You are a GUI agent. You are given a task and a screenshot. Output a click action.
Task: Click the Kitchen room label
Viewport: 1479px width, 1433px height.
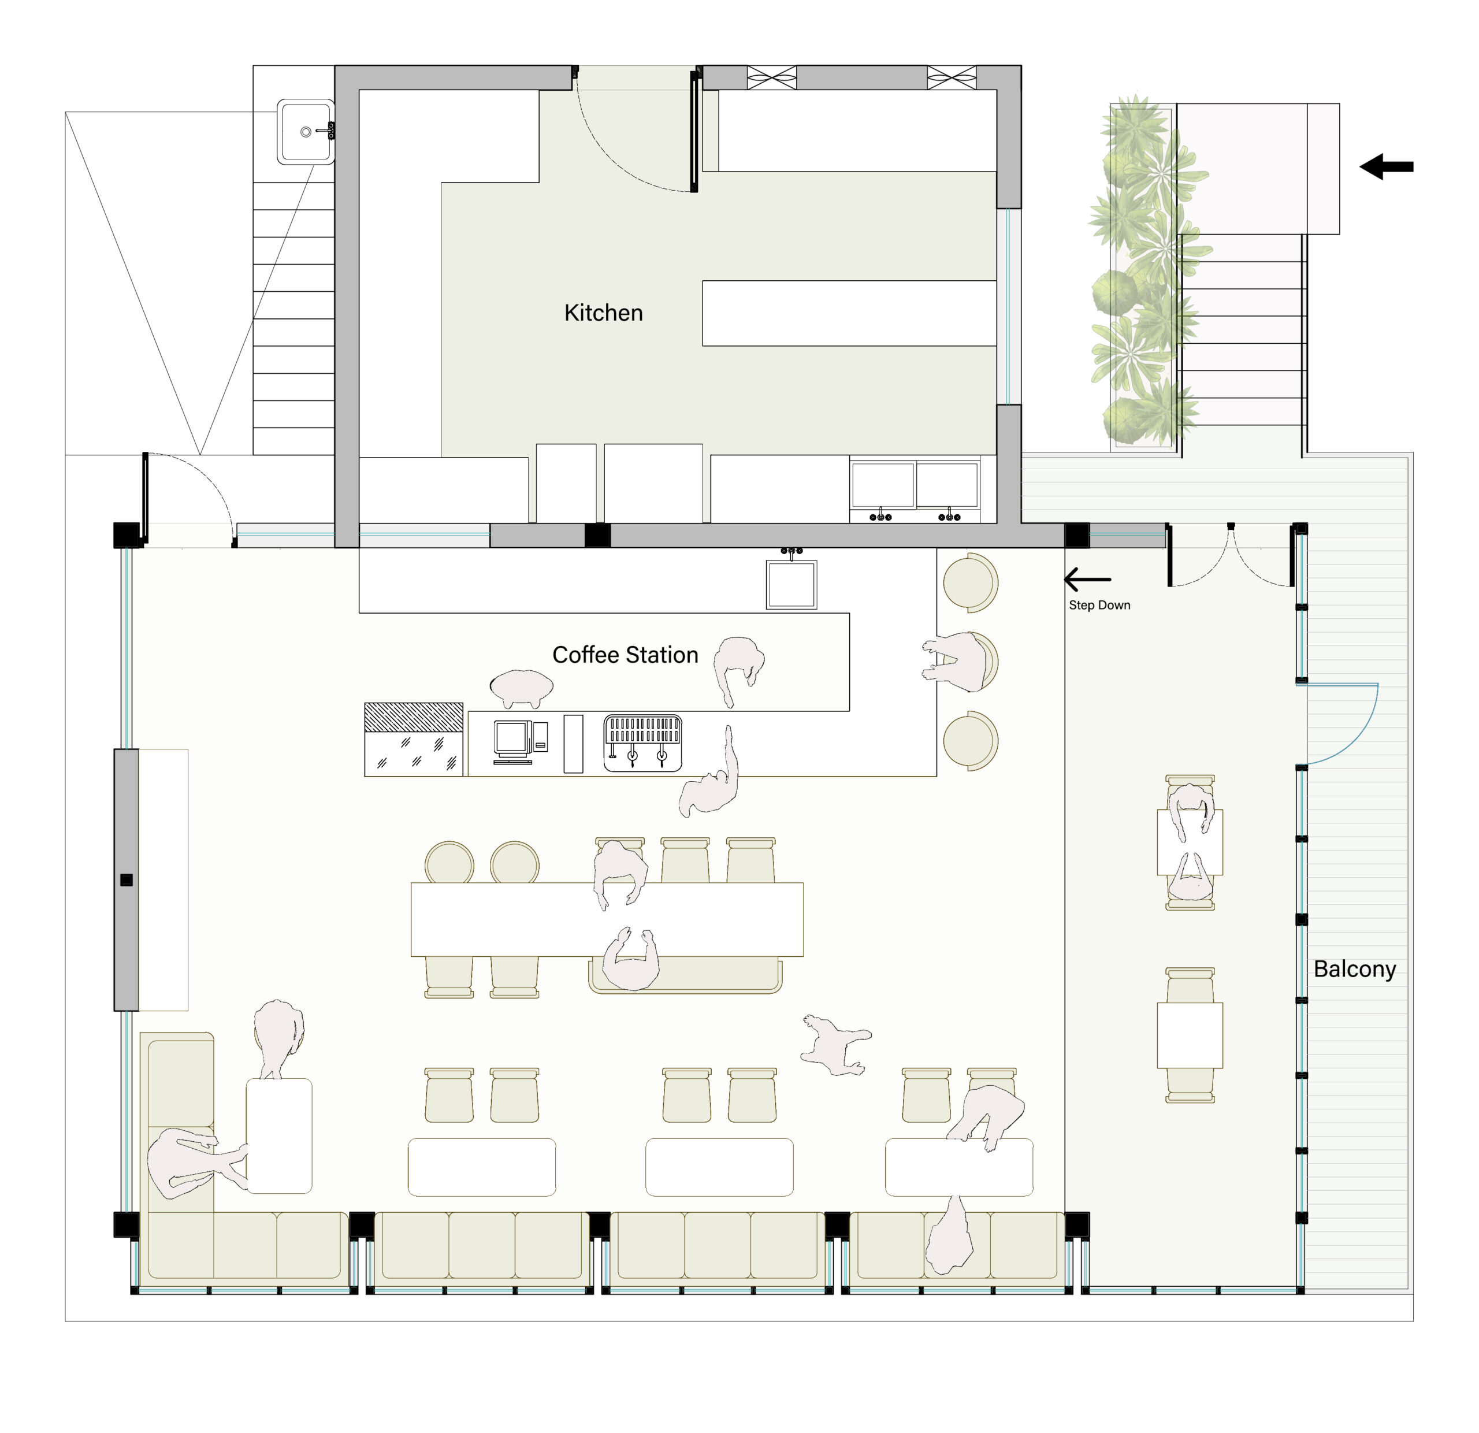[x=603, y=313]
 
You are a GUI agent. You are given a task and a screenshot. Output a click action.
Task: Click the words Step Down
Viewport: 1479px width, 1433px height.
[x=1099, y=604]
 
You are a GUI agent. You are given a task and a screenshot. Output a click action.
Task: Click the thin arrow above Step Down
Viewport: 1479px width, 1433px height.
[x=1087, y=580]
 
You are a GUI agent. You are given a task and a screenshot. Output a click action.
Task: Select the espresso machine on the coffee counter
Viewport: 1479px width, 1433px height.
[x=642, y=743]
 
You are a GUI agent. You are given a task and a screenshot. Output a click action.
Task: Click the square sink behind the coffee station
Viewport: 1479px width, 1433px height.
[x=791, y=583]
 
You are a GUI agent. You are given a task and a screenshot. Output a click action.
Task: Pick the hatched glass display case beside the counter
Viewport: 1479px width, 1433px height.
[x=414, y=739]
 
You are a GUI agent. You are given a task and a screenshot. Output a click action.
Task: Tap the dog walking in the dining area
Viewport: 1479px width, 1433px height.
[x=835, y=1044]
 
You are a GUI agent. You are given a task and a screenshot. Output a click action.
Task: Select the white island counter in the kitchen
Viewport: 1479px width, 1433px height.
[x=849, y=313]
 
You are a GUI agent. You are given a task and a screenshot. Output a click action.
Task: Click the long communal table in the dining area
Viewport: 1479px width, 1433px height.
[x=607, y=919]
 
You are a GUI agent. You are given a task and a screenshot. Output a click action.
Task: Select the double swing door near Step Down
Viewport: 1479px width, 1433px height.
[x=1230, y=555]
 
